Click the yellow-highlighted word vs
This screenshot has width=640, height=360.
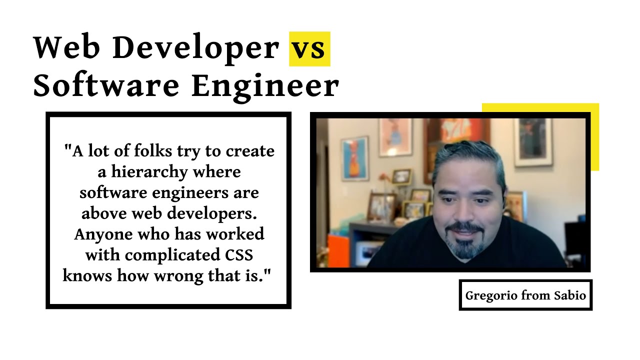coord(309,48)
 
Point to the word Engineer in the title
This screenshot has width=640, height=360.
coord(265,86)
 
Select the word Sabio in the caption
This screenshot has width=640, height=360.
coord(569,295)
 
